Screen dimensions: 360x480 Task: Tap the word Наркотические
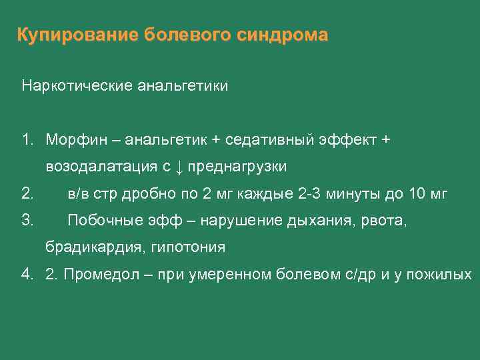(78, 86)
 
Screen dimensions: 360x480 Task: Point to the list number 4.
(27, 275)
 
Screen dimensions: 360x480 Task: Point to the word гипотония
(189, 247)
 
